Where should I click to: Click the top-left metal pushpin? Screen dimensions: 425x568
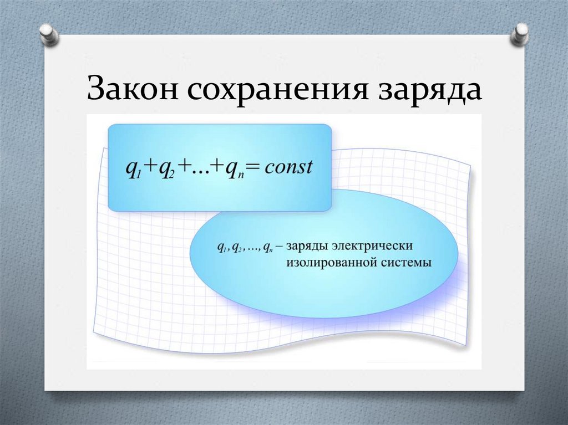[x=49, y=35]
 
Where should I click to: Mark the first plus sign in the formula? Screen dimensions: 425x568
[x=148, y=167]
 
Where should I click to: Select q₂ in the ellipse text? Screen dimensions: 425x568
[x=236, y=247]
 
